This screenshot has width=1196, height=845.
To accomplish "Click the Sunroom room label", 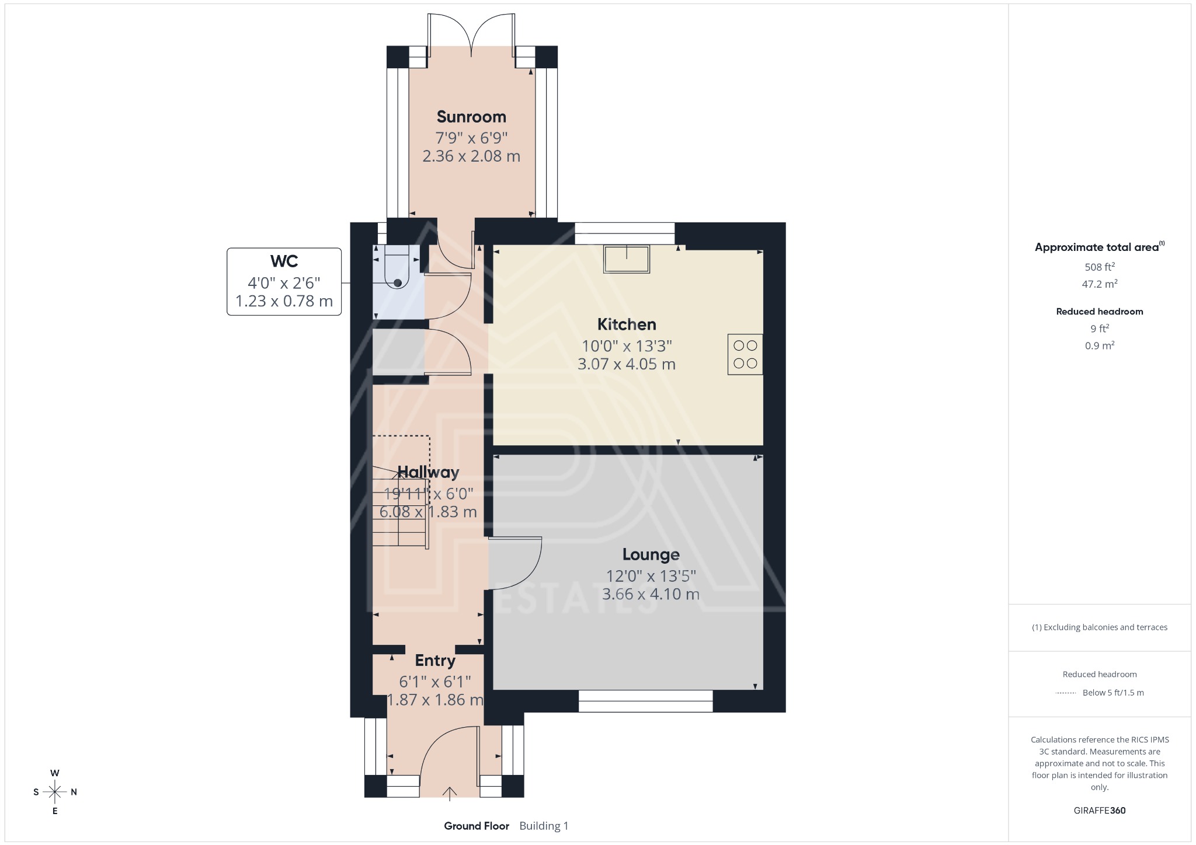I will [471, 117].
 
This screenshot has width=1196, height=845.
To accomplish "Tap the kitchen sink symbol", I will [627, 259].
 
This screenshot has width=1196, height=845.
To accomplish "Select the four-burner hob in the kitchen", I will [745, 354].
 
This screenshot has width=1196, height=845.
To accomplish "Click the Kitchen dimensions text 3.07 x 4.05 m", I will [626, 364].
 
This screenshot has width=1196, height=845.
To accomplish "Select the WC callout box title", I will [284, 261].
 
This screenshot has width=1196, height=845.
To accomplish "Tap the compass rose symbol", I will [55, 792].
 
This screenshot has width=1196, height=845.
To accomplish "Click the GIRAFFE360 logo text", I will [1099, 810].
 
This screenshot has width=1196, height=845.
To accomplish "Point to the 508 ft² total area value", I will [1099, 267].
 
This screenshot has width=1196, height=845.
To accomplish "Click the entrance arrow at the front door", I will [450, 792].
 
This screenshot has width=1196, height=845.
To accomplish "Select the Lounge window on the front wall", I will [645, 701].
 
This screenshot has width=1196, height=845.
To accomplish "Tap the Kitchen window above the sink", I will [625, 233].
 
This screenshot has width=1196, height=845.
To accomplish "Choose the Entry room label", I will [435, 661].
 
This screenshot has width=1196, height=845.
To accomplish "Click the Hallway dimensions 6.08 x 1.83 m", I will [428, 512].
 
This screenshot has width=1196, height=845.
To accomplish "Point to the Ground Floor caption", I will [477, 826].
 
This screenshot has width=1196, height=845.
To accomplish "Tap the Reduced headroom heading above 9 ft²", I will [1099, 312].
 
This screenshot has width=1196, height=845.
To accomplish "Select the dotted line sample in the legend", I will [1066, 693].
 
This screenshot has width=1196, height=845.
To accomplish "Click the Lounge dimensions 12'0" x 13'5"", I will [651, 576].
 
